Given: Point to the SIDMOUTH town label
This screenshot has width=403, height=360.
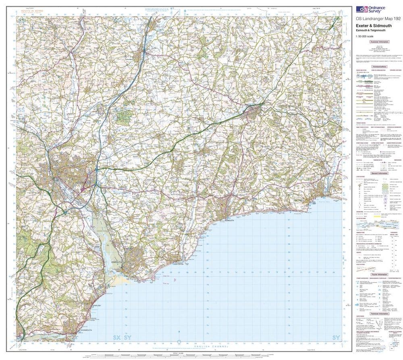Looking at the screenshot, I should click(229, 221).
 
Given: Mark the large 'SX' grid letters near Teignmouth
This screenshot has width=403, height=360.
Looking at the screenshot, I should click(117, 337).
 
